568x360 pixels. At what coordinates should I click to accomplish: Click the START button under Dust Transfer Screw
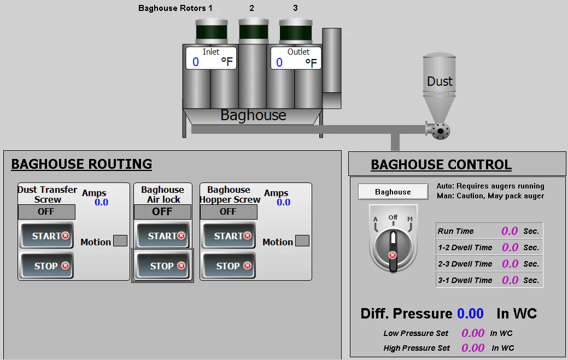coord(46,236)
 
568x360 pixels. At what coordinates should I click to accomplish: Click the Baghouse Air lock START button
coord(163,236)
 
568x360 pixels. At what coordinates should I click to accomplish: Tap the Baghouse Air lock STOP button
coord(163,266)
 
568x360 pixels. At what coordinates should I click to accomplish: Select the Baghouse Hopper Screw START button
coord(229,236)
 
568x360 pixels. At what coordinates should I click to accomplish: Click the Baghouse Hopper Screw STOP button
coord(229,266)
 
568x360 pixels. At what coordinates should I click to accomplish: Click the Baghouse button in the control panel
coord(393,192)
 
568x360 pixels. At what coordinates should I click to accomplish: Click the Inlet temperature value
coord(196,62)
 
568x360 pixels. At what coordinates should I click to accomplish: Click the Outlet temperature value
coord(279,62)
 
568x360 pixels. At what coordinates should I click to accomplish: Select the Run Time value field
coord(510,231)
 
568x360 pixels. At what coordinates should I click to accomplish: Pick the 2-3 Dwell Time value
coord(510,264)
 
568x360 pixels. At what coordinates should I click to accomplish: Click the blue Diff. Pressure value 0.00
coord(470,314)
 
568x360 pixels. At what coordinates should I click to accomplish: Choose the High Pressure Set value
coord(473,347)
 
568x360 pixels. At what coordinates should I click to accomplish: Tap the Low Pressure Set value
coord(473,333)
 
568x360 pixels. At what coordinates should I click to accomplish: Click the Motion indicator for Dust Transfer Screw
coord(120,241)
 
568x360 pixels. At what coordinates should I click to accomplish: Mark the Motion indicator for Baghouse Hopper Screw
coord(302,241)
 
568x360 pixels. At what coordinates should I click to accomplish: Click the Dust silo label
coord(440,81)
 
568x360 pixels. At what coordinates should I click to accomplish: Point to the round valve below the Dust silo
coord(440,131)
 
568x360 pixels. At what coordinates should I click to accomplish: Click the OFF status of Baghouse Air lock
coord(162,211)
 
